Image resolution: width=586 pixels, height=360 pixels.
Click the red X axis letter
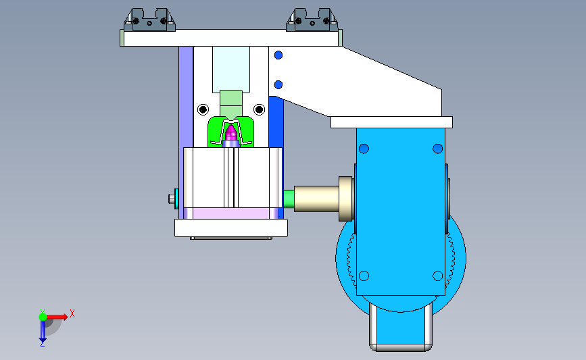point(72,313)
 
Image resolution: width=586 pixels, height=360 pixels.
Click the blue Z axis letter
point(42,344)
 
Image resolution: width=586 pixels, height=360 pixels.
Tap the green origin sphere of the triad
point(43,317)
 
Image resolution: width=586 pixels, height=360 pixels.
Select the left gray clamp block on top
point(149,20)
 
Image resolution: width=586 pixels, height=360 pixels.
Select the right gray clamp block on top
point(312,20)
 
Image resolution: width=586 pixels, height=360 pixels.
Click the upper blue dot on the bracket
point(278,55)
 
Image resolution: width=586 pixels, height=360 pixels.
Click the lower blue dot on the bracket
point(278,85)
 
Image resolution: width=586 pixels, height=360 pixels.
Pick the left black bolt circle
point(203,109)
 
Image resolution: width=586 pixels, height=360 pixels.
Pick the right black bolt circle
point(259,109)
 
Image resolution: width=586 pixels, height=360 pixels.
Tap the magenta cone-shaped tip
point(231,132)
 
